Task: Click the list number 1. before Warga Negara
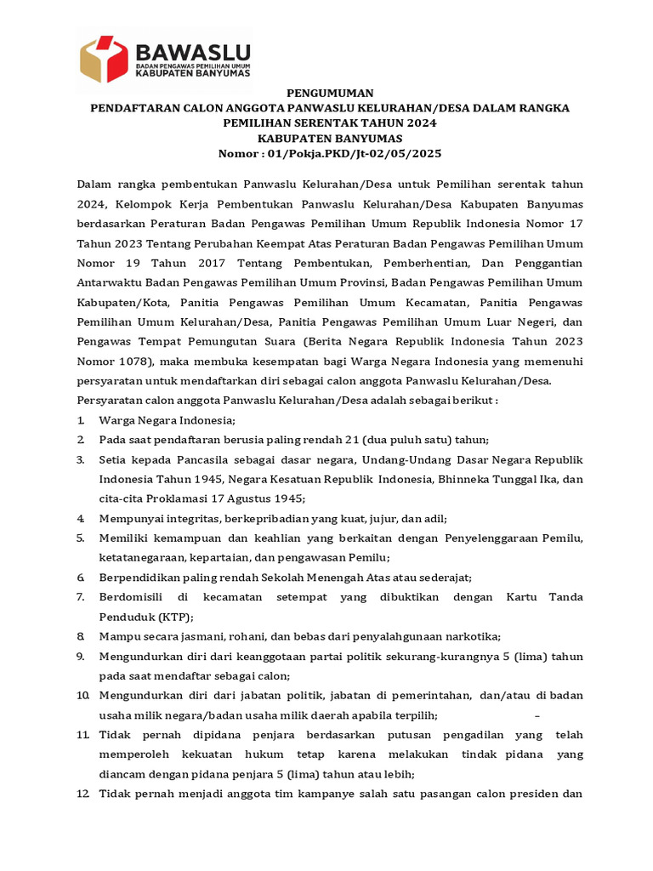80,420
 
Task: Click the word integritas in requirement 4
196,518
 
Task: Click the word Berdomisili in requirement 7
133,597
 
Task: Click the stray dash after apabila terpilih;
537,714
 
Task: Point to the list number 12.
82,794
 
